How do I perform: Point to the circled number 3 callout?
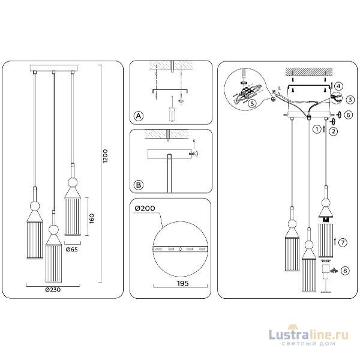click(x=350, y=99)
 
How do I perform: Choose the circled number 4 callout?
click(x=338, y=85)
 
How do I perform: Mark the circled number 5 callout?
click(x=251, y=104)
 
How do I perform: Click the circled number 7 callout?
click(x=341, y=242)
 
